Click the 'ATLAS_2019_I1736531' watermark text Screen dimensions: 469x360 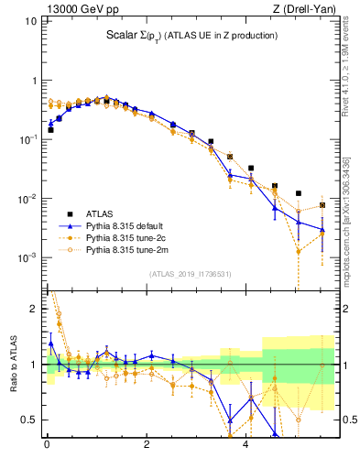point(190,274)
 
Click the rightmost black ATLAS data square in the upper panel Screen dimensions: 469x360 point(322,205)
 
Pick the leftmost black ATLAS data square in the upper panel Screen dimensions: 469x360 point(50,130)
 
